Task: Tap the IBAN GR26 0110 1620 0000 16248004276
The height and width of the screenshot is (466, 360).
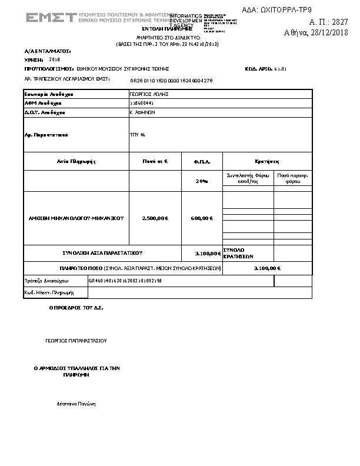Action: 171,80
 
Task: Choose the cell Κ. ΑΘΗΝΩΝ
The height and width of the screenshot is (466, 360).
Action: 142,112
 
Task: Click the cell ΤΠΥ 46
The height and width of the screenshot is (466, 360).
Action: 138,135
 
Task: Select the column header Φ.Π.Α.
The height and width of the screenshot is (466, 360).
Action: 202,161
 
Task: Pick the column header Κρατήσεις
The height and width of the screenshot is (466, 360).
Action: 267,161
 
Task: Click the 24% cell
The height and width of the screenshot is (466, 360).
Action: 202,181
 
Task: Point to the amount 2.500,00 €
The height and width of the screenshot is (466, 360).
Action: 155,218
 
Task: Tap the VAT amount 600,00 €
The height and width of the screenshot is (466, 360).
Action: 202,218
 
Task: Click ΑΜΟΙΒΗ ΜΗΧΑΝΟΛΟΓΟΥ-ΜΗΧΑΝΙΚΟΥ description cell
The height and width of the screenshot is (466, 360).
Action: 76,218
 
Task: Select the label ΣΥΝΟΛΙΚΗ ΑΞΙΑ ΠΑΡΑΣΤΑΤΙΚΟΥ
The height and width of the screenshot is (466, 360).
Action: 102,253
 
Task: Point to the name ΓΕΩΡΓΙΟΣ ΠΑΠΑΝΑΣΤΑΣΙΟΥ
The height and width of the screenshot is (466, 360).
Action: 76,340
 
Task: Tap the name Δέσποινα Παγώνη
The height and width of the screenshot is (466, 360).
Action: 76,404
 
